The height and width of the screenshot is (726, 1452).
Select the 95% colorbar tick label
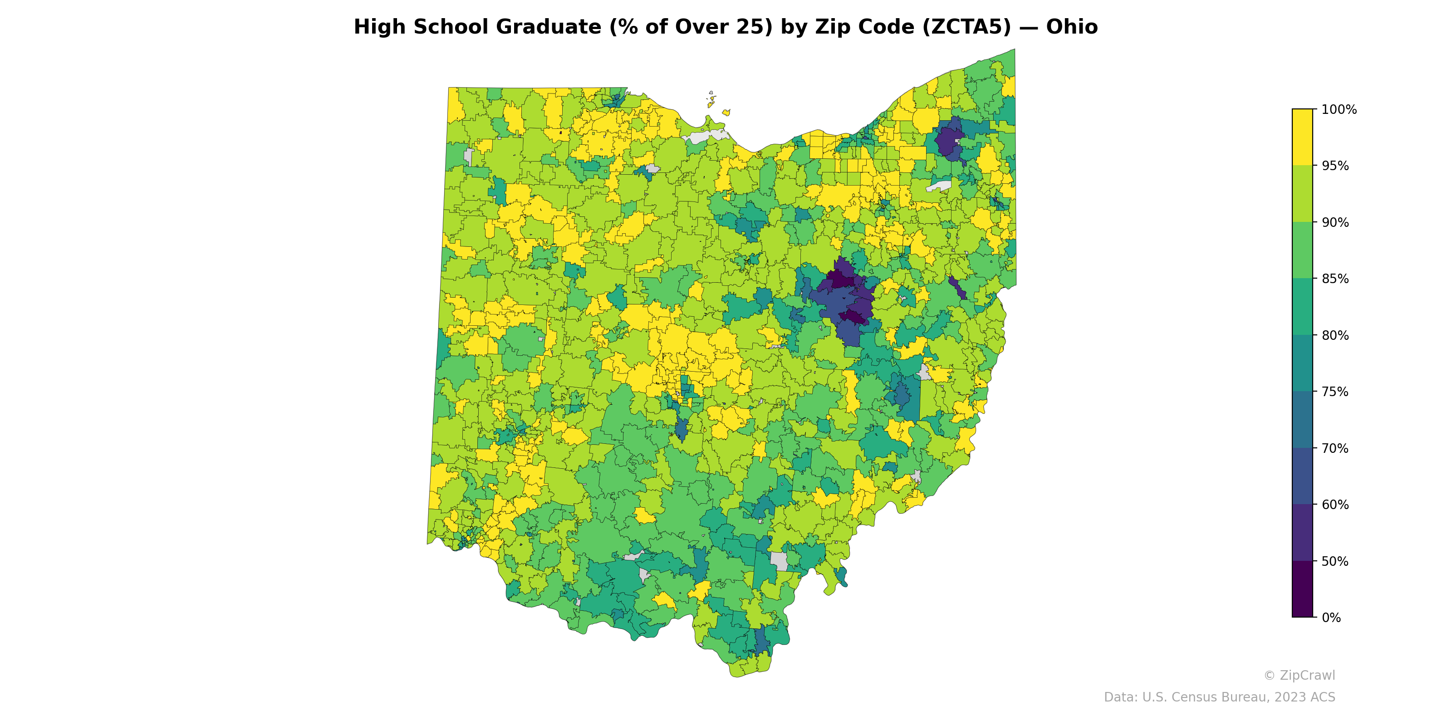pos(1335,166)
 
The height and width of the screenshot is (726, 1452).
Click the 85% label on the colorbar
pos(1335,279)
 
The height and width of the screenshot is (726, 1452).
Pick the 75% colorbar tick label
pos(1335,392)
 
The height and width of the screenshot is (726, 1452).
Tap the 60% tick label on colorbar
pos(1335,505)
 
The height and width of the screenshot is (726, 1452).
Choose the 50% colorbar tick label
pos(1335,561)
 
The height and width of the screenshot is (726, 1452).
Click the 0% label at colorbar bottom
pos(1331,618)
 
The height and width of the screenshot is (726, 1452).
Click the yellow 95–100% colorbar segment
pos(1302,137)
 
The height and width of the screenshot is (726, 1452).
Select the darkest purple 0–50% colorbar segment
pos(1302,589)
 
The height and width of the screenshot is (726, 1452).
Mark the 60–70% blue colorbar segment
pos(1302,476)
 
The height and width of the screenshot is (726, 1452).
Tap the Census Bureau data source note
pos(1219,697)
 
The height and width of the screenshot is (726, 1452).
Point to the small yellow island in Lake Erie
pos(726,113)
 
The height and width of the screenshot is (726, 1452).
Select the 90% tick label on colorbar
pos(1335,222)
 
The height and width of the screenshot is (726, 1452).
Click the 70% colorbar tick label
pos(1335,448)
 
